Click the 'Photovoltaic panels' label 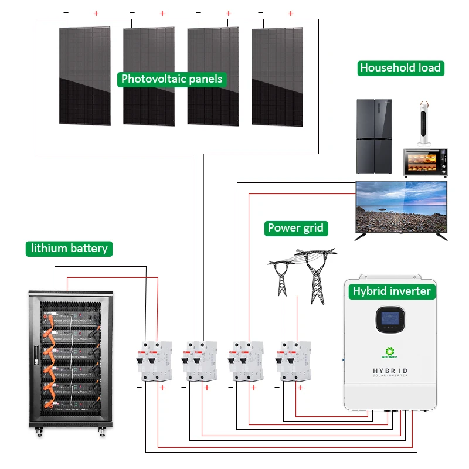[172, 79]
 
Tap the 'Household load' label [400, 68]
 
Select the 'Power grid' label [295, 228]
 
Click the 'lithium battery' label [69, 249]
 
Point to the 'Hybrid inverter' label [391, 291]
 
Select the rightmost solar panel [277, 76]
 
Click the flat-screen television [402, 208]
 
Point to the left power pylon [282, 276]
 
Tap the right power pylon [315, 274]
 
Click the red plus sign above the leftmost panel [97, 13]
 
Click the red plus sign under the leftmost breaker [162, 388]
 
